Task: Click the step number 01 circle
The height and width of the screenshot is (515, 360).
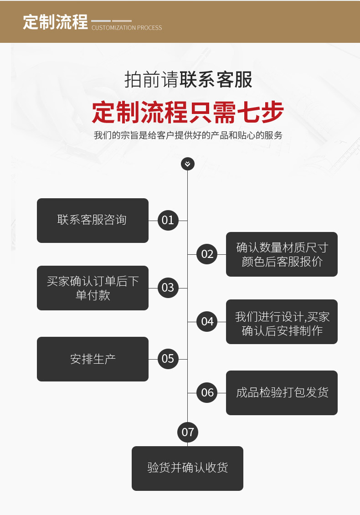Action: [x=168, y=221]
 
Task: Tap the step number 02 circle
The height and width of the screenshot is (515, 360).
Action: [x=207, y=254]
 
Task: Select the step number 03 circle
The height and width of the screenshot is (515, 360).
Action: [x=168, y=288]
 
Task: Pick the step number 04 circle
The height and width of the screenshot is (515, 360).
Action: [x=207, y=321]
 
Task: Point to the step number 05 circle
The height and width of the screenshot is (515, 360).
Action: [x=168, y=359]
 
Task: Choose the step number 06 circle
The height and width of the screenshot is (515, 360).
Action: [x=207, y=392]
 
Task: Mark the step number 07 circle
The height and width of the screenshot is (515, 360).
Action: [x=188, y=432]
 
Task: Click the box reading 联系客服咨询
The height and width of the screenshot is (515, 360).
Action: [x=93, y=221]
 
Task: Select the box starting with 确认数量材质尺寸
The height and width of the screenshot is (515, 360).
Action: [x=282, y=254]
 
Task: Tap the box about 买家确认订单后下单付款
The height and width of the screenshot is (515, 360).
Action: [x=93, y=288]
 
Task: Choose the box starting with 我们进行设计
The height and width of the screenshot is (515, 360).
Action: [x=282, y=321]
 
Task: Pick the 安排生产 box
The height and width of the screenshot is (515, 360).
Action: [x=93, y=359]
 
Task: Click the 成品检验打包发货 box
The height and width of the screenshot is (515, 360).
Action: [x=282, y=392]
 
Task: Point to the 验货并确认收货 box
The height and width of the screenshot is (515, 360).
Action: [x=187, y=468]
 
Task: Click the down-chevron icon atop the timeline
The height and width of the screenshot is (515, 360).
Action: [x=188, y=164]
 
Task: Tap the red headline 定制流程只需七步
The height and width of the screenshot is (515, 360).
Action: [x=188, y=112]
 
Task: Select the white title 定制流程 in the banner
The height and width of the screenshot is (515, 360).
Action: [x=55, y=22]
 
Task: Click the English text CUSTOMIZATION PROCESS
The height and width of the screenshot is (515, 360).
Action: [x=127, y=28]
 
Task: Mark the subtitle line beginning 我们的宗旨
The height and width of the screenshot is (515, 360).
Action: [x=188, y=135]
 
